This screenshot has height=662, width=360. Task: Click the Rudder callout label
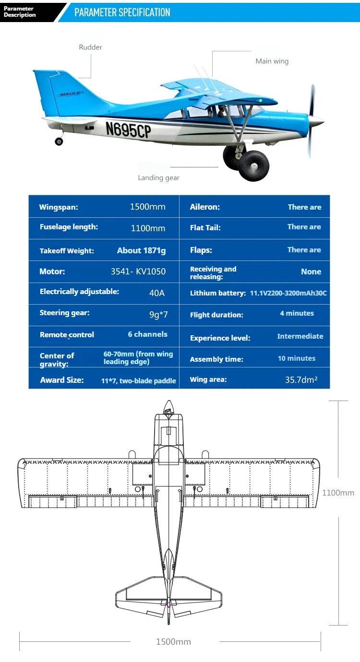tap(90, 47)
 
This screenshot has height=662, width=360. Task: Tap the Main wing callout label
tap(272, 61)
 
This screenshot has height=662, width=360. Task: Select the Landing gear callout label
tap(158, 177)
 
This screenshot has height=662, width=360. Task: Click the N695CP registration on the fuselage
tap(128, 129)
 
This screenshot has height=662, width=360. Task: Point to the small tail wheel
tap(59, 141)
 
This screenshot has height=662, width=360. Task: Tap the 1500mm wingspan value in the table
tap(147, 207)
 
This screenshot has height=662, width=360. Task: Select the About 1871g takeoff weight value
tap(141, 250)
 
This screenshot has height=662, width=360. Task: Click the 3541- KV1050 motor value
tap(138, 272)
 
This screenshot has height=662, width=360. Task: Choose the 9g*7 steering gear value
tap(158, 315)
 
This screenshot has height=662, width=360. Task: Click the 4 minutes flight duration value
tap(297, 313)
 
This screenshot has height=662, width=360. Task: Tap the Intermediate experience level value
tap(300, 336)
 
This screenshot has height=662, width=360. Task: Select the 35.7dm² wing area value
tap(301, 380)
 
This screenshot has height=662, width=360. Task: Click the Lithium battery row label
tap(217, 293)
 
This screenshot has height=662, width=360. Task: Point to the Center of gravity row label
tap(57, 360)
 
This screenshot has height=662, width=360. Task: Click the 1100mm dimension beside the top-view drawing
tap(338, 493)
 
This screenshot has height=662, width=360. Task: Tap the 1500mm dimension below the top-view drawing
tap(173, 642)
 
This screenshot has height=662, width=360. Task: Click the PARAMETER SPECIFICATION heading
tap(122, 12)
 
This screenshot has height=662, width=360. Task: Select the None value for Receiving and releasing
tap(311, 272)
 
